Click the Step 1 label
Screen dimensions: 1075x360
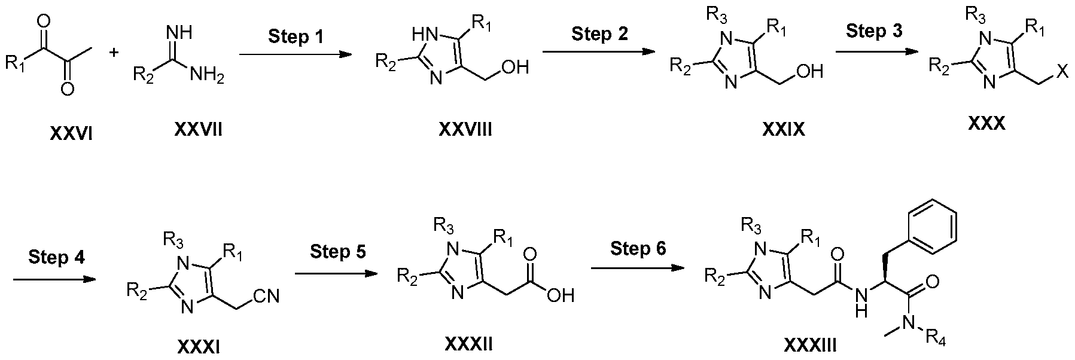296,37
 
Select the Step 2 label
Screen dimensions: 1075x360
600,34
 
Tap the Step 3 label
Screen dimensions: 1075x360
875,31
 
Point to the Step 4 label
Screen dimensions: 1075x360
56,258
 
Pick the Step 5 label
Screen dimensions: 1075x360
338,252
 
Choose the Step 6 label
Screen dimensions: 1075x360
638,248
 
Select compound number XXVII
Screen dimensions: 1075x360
199,129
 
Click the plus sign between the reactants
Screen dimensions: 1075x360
114,53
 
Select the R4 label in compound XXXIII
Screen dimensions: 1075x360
937,343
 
